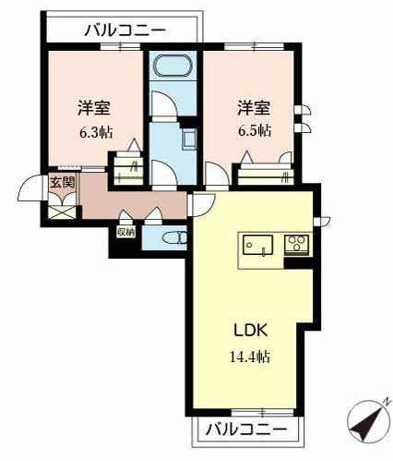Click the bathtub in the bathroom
173,66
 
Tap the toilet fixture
174,238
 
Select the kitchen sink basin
257,245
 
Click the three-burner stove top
296,243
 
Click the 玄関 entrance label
63,183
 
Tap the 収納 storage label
125,233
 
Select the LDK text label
251,331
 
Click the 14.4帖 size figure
250,358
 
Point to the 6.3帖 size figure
96,133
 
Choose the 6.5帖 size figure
255,131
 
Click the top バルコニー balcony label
125,30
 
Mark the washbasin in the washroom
189,140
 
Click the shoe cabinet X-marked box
62,212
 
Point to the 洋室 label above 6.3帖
94,108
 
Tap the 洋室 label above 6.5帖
254,108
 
